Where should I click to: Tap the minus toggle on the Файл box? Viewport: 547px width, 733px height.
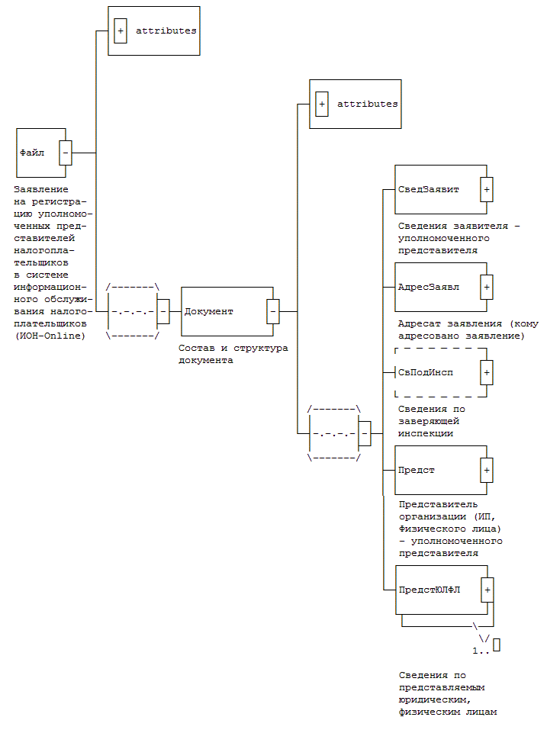[x=66, y=153]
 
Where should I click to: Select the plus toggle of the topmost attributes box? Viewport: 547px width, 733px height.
[x=120, y=31]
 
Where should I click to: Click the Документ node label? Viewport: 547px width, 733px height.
[x=209, y=311]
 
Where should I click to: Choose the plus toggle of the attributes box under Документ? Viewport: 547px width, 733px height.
[x=321, y=104]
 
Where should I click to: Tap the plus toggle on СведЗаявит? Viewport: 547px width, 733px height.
[x=487, y=189]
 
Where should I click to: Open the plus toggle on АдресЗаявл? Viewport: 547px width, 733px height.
[x=487, y=287]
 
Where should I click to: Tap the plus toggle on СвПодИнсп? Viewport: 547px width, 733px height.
[x=487, y=372]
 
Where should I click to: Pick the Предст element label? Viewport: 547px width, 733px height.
[x=417, y=470]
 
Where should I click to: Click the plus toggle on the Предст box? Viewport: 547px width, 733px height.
[x=487, y=470]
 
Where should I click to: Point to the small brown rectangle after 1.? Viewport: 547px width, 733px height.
[x=497, y=645]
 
